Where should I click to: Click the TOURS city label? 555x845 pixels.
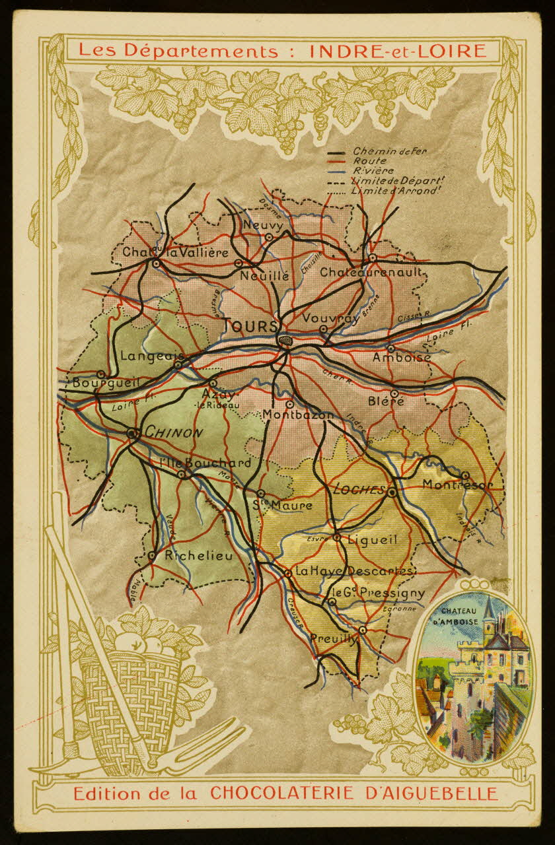251,326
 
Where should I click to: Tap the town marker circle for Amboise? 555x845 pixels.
390,348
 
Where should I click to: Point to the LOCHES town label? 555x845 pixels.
359,490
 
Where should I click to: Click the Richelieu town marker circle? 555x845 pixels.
152,555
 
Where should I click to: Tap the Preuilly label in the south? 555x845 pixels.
334,638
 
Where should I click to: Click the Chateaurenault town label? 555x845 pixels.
371,272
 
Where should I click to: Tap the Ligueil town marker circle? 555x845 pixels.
336,537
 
